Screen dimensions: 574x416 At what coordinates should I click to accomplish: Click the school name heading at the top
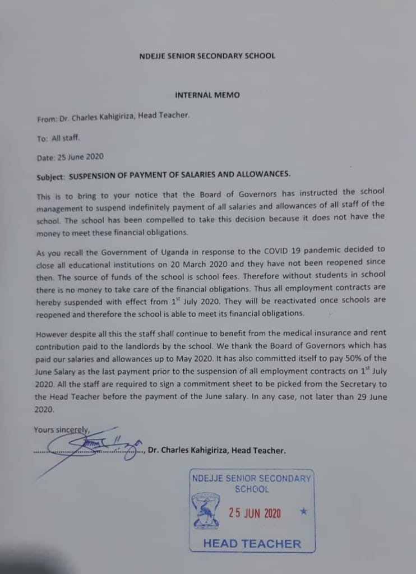coord(207,56)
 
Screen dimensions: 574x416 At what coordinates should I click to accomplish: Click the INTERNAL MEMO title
coord(207,95)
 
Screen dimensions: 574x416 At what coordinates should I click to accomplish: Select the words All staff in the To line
coord(66,138)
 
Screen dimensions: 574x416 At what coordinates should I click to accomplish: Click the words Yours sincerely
coord(61,430)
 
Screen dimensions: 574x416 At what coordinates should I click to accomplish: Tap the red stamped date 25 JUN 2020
coord(255,512)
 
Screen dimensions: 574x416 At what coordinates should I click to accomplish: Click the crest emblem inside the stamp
coord(206,511)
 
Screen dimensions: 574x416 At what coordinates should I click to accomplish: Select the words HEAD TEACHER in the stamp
coord(252,543)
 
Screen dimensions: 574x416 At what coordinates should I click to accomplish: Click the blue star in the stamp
coord(303,511)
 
